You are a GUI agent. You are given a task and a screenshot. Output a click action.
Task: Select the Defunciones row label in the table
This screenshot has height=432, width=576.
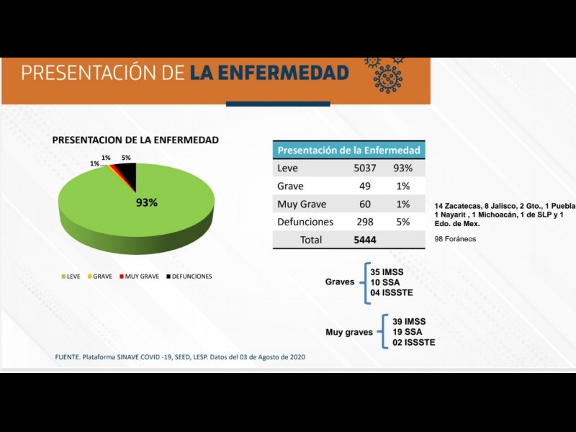pyautogui.click(x=305, y=222)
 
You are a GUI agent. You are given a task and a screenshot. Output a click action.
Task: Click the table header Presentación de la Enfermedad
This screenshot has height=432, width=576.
pyautogui.click(x=348, y=150)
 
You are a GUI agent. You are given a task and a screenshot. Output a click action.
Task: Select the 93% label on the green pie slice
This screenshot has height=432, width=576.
pyautogui.click(x=146, y=202)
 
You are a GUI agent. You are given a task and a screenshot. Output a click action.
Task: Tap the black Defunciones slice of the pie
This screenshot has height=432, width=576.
pyautogui.click(x=127, y=172)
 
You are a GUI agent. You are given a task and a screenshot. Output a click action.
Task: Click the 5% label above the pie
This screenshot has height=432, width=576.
pyautogui.click(x=126, y=157)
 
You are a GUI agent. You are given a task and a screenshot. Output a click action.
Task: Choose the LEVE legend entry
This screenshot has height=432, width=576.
pyautogui.click(x=70, y=276)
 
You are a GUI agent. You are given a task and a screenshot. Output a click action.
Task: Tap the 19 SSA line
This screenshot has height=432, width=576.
pyautogui.click(x=408, y=332)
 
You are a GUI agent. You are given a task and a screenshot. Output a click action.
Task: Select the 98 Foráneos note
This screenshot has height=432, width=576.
pyautogui.click(x=455, y=238)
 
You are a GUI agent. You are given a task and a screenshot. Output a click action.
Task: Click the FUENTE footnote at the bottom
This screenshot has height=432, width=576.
pyautogui.click(x=180, y=357)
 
